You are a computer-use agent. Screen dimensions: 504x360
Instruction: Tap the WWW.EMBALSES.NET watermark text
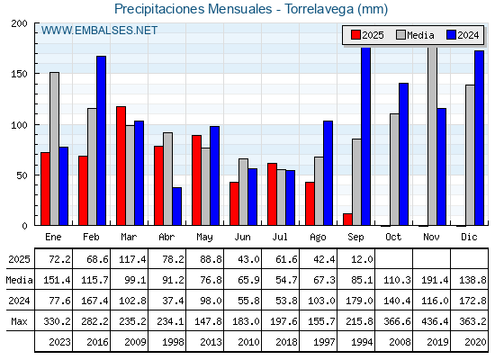click(99, 31)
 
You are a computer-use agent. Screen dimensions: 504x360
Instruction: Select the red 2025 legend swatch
click(355, 35)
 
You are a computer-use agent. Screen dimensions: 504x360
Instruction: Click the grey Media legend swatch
click(401, 35)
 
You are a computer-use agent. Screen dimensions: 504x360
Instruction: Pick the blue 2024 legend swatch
click(451, 35)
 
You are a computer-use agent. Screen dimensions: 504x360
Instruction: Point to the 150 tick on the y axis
click(19, 74)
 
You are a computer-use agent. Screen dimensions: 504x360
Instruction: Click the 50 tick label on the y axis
click(22, 175)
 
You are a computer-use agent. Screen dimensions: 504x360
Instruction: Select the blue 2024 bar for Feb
click(101, 140)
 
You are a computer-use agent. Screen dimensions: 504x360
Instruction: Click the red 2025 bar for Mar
click(121, 166)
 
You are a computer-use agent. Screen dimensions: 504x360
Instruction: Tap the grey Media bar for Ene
click(54, 148)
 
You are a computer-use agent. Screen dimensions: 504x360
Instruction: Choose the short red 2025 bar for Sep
click(347, 220)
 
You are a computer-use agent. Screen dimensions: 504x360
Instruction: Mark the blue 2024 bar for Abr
click(176, 206)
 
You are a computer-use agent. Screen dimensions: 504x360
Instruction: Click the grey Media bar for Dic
click(470, 155)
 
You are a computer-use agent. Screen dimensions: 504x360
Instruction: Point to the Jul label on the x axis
click(280, 237)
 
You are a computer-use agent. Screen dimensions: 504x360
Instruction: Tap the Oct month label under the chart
click(393, 237)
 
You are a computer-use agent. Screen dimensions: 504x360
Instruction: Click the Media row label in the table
click(19, 280)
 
